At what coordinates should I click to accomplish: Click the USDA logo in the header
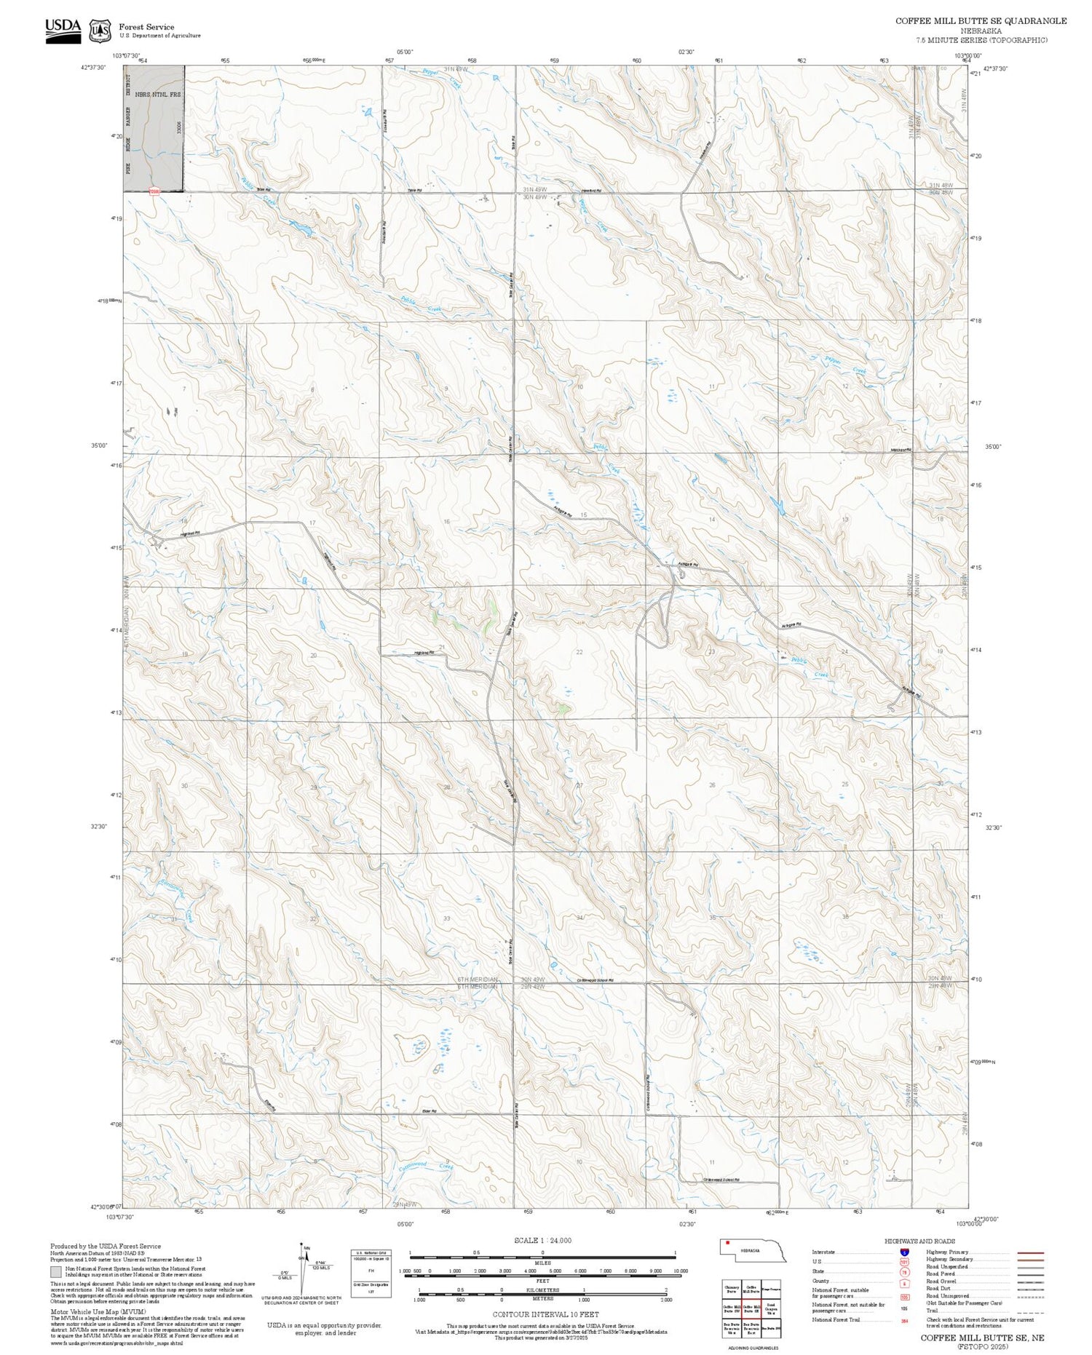63,30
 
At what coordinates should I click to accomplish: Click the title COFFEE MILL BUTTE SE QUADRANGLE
981,21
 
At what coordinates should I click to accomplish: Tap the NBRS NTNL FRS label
162,95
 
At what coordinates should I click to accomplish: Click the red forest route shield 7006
154,191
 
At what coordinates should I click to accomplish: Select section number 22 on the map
579,652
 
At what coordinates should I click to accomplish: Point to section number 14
712,520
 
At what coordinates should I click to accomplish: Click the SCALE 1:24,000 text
542,1240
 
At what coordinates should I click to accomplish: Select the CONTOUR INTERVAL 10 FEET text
545,1314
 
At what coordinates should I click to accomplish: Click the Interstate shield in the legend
904,1252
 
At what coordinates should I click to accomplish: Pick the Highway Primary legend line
1028,1252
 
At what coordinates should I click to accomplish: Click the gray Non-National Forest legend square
56,1272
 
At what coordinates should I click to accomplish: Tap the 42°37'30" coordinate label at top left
93,68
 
